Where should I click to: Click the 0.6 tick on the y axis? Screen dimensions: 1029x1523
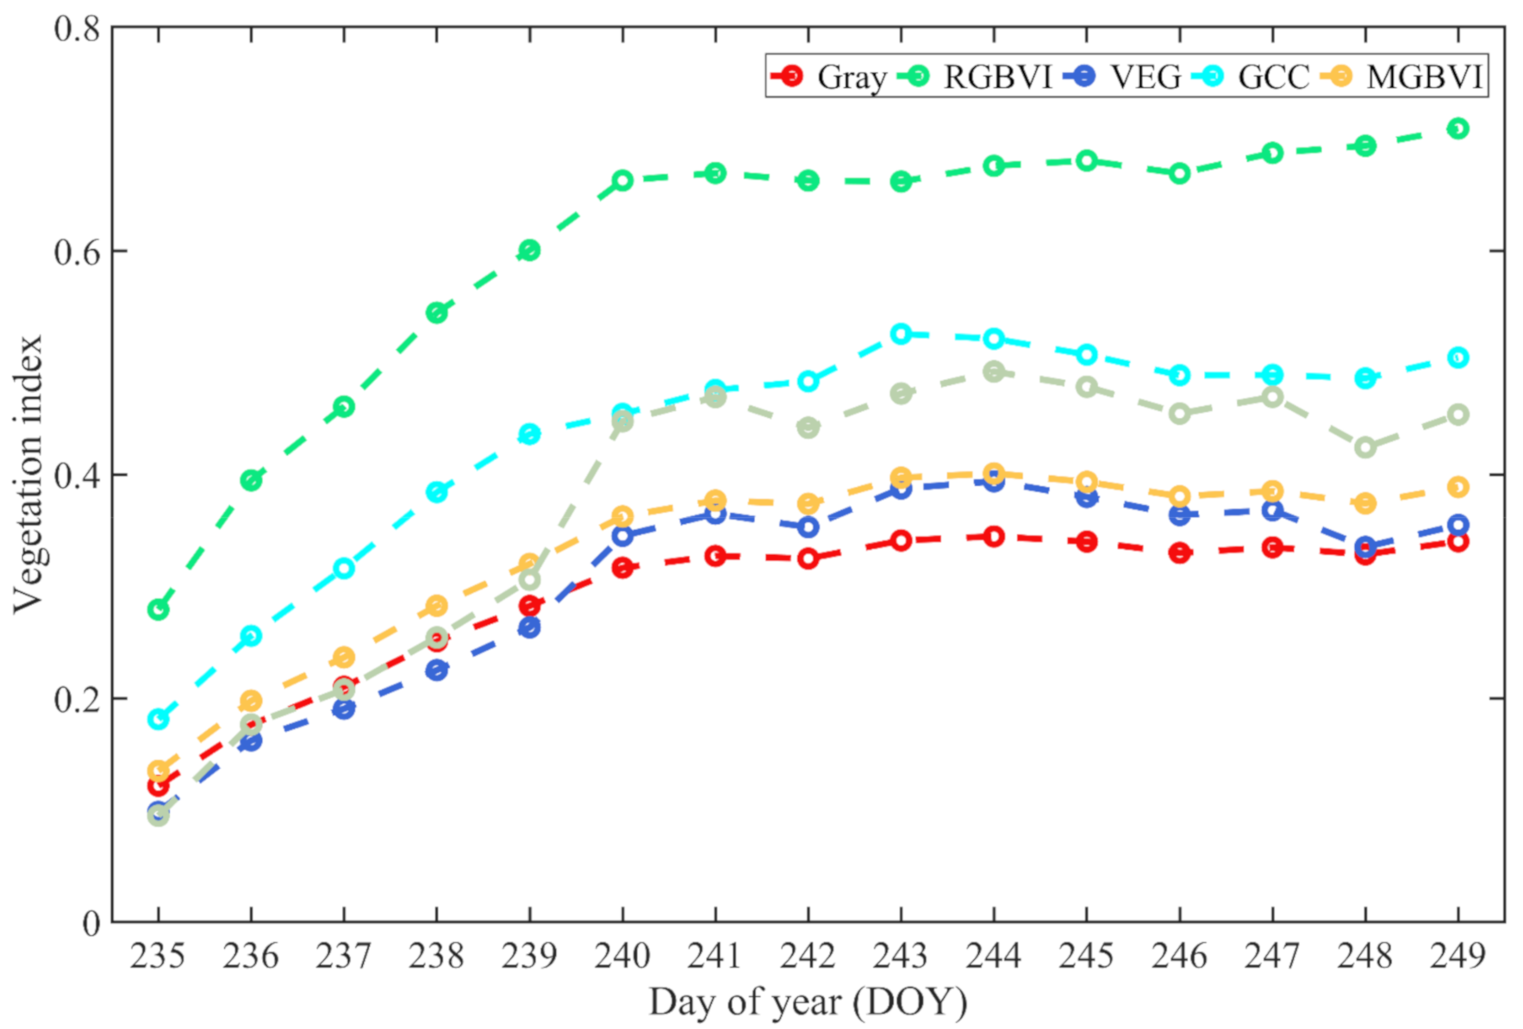77,252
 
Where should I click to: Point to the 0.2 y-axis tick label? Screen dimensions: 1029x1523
77,699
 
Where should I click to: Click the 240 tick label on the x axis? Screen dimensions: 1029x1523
621,956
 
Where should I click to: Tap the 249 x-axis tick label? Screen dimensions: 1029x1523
1457,956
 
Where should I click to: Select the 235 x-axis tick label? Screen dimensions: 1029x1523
158,956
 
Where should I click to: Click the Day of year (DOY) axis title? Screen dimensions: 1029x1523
808,1002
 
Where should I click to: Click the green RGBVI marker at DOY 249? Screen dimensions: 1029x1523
1457,128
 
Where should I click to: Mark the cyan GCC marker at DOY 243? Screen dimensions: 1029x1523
901,334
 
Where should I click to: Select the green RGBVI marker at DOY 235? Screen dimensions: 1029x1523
158,609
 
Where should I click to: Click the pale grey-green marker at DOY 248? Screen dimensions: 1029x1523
1364,447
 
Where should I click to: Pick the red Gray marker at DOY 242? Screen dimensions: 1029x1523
808,558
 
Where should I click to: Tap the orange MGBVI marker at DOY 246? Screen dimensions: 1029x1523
1179,496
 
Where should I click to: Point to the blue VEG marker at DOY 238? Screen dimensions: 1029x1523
436,670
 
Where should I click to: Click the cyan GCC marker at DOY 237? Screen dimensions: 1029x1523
344,568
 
